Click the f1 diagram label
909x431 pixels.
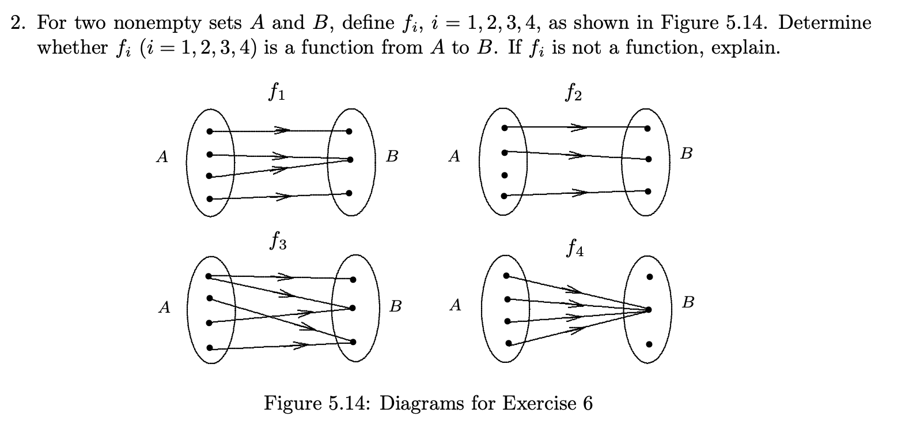click(276, 93)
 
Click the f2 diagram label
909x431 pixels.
click(573, 93)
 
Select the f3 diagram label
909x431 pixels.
click(277, 240)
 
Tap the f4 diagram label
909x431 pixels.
click(574, 249)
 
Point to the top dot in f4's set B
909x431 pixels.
click(649, 276)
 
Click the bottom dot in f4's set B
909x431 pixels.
click(649, 344)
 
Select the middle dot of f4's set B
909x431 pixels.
click(649, 310)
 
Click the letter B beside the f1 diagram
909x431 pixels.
click(392, 156)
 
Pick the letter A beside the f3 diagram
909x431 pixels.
click(165, 308)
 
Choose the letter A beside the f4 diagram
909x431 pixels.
click(456, 305)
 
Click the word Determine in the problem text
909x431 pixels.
click(825, 23)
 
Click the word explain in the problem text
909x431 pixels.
click(745, 47)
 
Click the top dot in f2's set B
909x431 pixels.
click(649, 128)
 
